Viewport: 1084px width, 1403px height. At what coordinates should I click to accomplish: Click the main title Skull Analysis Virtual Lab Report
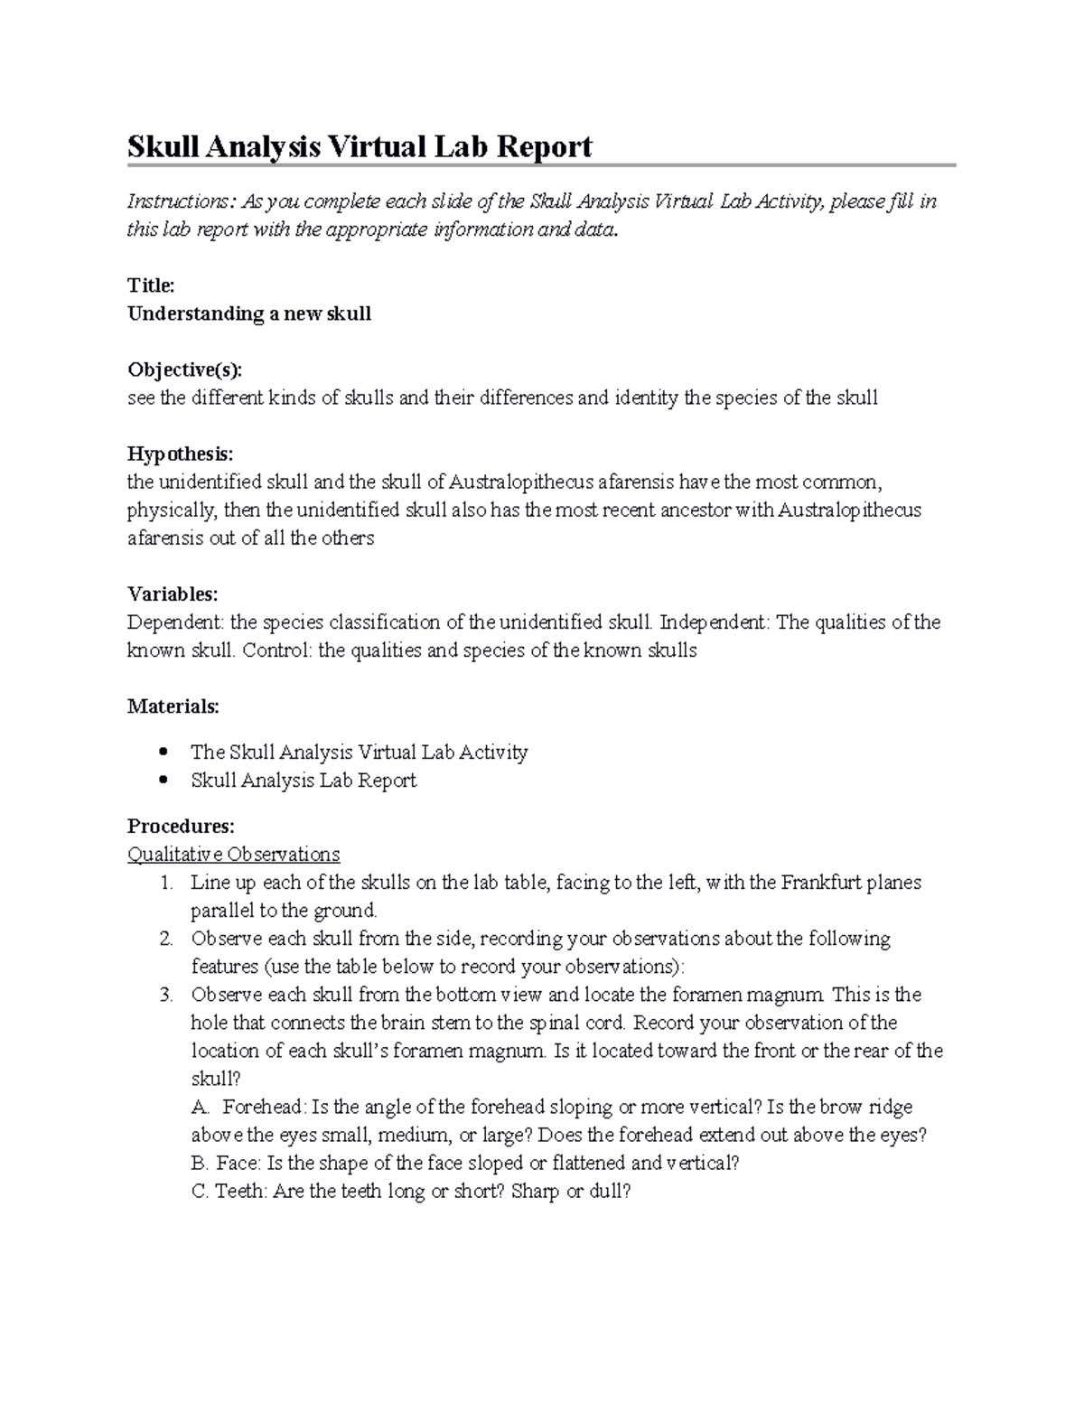tap(360, 146)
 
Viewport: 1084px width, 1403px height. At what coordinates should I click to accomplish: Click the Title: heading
tap(151, 285)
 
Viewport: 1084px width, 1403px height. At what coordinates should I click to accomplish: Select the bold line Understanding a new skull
tap(249, 313)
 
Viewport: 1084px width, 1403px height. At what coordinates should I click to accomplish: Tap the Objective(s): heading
tap(185, 369)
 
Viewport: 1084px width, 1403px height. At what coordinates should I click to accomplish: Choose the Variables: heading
tap(173, 594)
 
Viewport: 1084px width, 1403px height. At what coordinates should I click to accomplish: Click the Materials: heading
tap(173, 706)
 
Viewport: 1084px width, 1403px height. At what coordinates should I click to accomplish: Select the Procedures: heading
tap(181, 826)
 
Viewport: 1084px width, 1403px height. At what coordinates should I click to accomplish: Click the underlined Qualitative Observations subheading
tap(233, 854)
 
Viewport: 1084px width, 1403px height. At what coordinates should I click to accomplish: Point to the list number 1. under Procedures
tap(166, 883)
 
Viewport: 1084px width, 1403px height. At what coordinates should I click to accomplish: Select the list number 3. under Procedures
tap(166, 995)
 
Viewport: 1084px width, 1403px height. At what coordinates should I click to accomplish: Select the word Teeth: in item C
tap(241, 1191)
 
